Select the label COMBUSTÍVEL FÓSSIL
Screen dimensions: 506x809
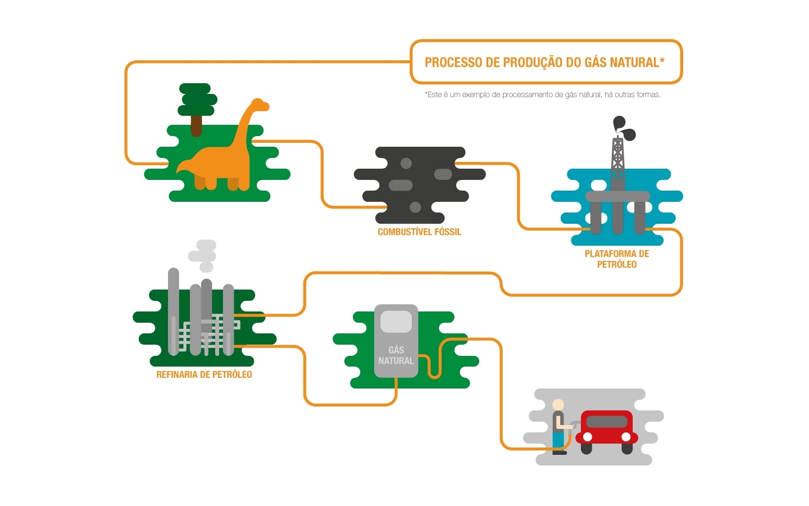pyautogui.click(x=419, y=232)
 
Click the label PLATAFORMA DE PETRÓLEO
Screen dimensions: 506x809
pyautogui.click(x=617, y=259)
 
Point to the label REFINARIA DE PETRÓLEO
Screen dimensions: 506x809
pyautogui.click(x=204, y=374)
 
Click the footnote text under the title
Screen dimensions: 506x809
pyautogui.click(x=542, y=94)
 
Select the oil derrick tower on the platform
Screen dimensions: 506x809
pyautogui.click(x=617, y=160)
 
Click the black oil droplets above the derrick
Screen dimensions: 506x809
pyautogui.click(x=624, y=128)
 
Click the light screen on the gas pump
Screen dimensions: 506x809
pyautogui.click(x=396, y=322)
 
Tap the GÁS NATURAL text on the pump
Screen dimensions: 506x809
pyautogui.click(x=396, y=355)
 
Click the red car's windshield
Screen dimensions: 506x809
pyautogui.click(x=607, y=421)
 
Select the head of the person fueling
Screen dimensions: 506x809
pyautogui.click(x=558, y=405)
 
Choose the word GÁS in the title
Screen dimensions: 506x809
pyautogui.click(x=596, y=62)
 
